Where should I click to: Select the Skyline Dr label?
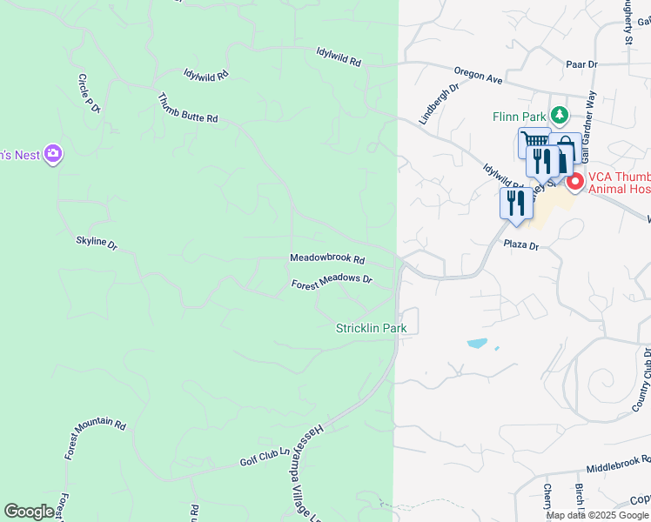(97, 243)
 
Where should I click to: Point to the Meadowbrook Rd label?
(327, 259)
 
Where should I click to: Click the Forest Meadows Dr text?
(332, 283)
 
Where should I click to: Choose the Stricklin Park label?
(372, 328)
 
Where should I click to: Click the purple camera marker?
(53, 154)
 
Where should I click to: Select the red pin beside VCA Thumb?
(574, 182)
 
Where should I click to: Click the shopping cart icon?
(534, 141)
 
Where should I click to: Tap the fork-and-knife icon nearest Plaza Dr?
(516, 202)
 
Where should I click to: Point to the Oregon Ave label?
(479, 77)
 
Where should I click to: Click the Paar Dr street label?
(581, 64)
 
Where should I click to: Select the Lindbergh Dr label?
(439, 104)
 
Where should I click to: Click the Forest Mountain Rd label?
(95, 438)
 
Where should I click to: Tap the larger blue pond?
(476, 343)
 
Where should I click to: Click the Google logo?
(30, 512)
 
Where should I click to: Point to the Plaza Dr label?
(522, 246)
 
